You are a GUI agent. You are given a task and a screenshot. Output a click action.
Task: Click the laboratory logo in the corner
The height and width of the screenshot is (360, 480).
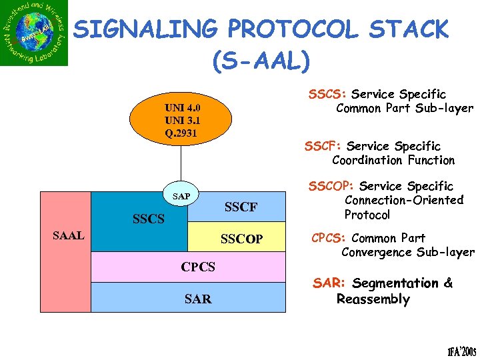(35, 33)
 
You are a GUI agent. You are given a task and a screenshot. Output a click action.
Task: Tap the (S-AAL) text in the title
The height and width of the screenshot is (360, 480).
(261, 61)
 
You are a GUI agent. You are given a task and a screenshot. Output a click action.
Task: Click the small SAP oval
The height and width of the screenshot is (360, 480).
(180, 197)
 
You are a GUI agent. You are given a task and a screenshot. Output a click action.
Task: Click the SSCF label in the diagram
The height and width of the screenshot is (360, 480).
(241, 207)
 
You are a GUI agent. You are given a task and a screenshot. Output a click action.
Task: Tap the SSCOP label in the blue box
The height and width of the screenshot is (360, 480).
(241, 239)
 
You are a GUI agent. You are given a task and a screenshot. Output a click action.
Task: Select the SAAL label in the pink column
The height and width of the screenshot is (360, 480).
(68, 235)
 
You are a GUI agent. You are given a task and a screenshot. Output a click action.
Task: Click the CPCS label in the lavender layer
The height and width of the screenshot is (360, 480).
(198, 267)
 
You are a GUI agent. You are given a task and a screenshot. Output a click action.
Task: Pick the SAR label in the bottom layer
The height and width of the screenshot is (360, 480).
(198, 299)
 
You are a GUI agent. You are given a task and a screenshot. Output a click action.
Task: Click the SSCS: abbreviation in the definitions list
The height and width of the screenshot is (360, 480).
(327, 94)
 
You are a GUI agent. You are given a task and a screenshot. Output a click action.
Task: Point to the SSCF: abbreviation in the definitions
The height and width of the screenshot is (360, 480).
(323, 146)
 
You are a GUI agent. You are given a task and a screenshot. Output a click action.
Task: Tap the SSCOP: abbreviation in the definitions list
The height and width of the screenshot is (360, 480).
(332, 186)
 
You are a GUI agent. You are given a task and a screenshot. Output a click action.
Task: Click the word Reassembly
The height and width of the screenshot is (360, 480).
(373, 299)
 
